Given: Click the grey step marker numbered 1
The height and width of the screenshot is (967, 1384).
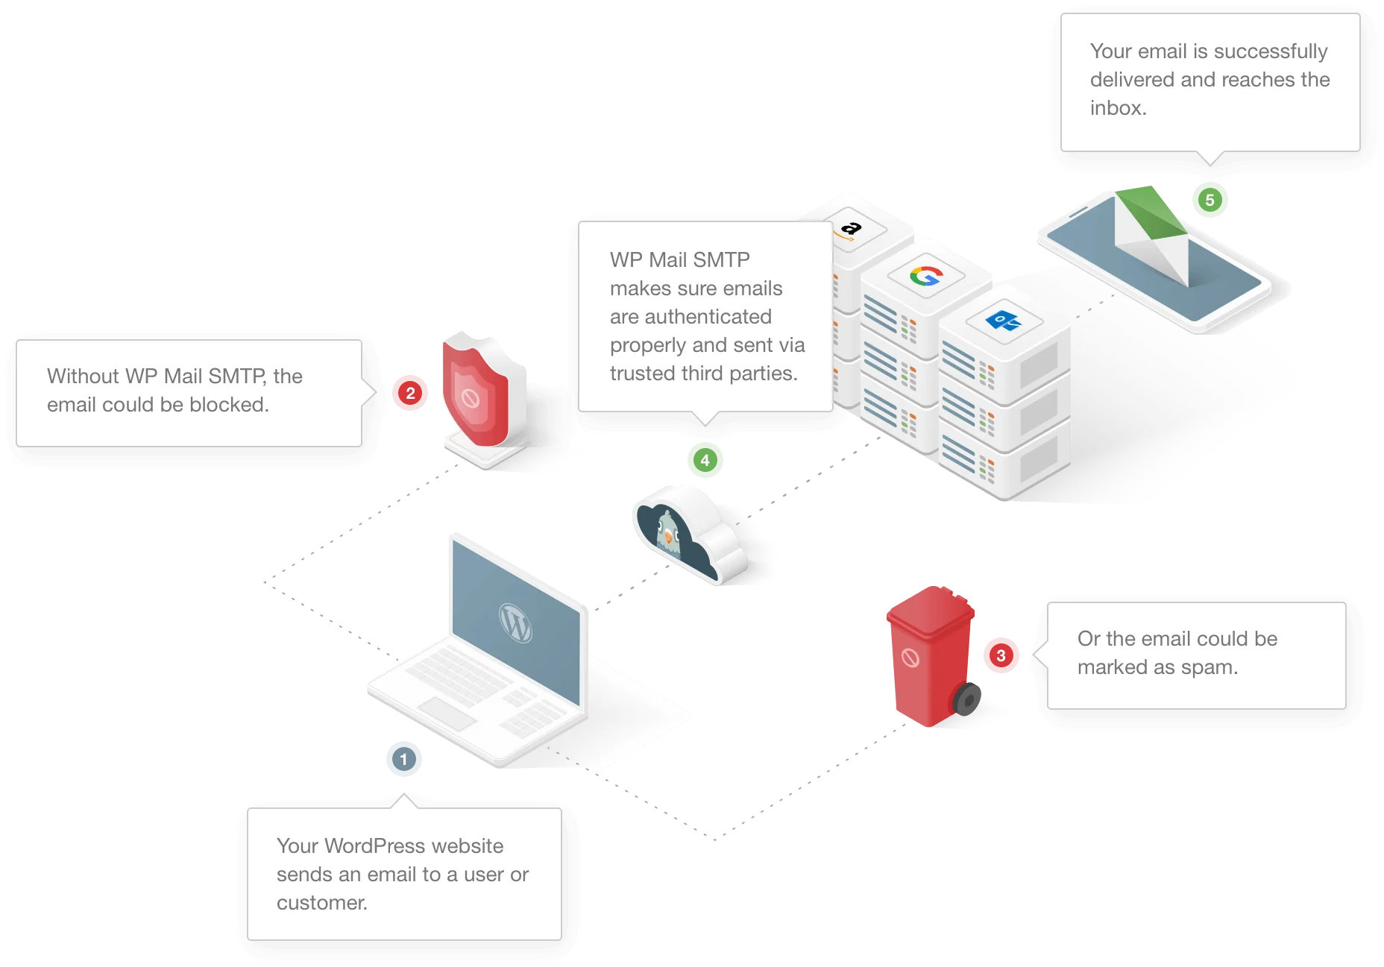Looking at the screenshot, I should (403, 759).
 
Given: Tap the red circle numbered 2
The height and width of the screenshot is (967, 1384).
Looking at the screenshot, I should (410, 393).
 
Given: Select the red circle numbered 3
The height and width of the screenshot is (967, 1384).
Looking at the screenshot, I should (1001, 655).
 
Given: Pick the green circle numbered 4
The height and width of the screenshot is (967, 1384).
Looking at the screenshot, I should (705, 460).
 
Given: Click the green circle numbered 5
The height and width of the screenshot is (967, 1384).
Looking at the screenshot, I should (1210, 200).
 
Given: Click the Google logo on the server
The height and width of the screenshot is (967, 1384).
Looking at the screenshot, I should (926, 277).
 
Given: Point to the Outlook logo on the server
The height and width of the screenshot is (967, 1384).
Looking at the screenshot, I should (1003, 321).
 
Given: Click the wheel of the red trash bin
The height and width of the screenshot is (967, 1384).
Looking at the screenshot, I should (968, 699).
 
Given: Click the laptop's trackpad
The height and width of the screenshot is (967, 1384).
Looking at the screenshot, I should (445, 712).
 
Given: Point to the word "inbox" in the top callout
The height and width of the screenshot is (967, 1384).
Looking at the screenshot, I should (1116, 108).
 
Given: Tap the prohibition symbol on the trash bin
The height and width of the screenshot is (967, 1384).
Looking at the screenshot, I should (910, 658).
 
